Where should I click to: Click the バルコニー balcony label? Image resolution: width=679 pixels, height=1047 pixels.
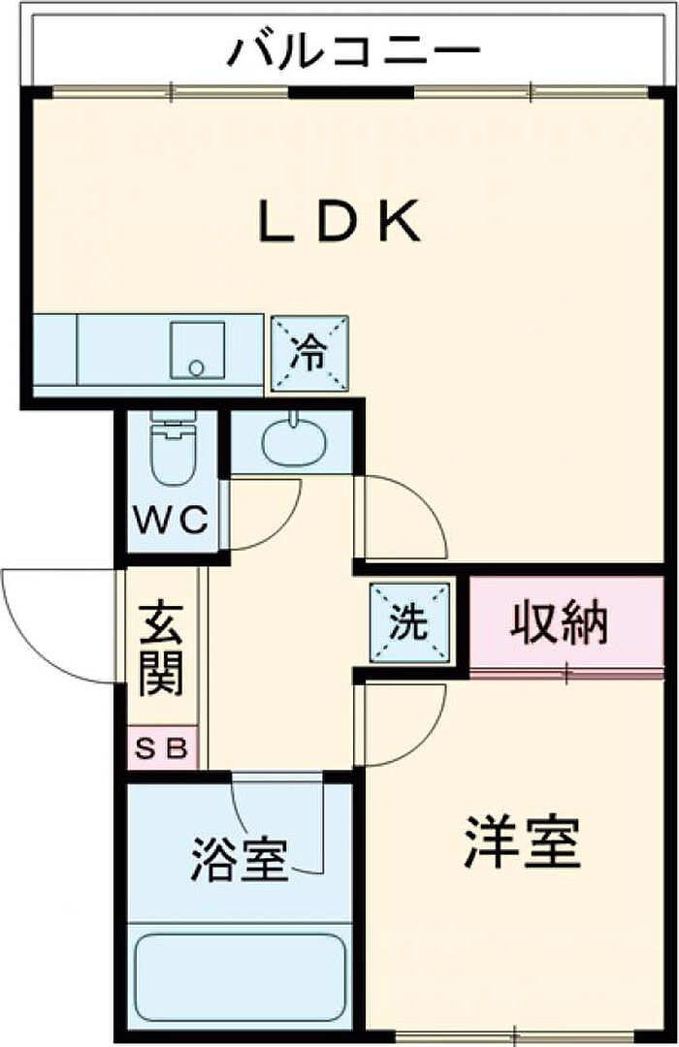point(354,51)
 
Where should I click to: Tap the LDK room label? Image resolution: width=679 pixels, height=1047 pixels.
point(339,222)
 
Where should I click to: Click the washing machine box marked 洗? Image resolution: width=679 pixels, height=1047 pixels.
point(409,623)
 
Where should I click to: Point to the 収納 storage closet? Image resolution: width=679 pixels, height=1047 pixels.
point(566,623)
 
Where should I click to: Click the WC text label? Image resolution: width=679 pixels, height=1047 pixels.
point(171,520)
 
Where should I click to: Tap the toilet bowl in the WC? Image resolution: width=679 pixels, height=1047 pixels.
point(174,447)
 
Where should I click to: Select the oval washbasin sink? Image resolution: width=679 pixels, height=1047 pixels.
point(294,443)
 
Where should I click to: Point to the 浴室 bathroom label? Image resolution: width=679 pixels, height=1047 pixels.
point(240,859)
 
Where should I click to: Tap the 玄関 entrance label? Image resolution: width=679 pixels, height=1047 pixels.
point(161,649)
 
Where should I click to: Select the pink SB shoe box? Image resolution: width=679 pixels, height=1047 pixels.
point(162,747)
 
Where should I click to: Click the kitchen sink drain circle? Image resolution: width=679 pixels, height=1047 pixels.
point(197,366)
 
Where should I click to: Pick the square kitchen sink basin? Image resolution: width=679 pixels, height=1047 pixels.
point(197,351)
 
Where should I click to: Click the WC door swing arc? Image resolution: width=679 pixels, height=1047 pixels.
point(280,527)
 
